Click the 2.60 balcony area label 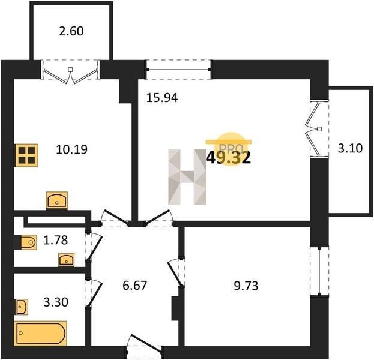(71, 31)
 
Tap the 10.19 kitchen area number (72, 150)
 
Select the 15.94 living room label (162, 98)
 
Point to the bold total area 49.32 (228, 158)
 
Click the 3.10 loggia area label (351, 148)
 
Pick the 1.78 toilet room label (56, 240)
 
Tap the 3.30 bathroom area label (56, 302)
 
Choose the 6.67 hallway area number (134, 286)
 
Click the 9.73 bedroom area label (246, 286)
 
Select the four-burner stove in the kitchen (26, 155)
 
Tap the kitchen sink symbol (57, 201)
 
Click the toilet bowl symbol (29, 242)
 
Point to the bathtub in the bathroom (41, 333)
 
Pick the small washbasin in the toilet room (67, 260)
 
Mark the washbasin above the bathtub (22, 307)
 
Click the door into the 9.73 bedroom (176, 272)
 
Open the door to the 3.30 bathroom (94, 294)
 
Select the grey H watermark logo (187, 177)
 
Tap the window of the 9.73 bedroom (319, 271)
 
